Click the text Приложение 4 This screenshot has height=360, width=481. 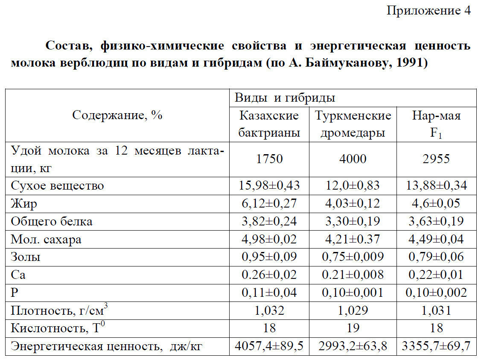[x=428, y=11]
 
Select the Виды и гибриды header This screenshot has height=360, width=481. [x=285, y=98]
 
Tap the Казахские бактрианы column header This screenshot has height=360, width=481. [x=269, y=124]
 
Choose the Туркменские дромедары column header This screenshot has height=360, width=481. [x=353, y=124]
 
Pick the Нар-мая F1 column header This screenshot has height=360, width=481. [x=436, y=124]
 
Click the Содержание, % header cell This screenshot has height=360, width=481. [x=117, y=115]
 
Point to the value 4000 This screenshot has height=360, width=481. [x=353, y=159]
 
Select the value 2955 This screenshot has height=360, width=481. [x=436, y=159]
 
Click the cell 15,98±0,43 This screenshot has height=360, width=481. [x=269, y=186]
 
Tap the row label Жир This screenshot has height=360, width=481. [x=24, y=204]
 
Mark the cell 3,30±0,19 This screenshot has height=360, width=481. [x=353, y=222]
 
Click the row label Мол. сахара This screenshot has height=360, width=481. [x=46, y=240]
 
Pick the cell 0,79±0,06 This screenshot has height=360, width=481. [x=436, y=257]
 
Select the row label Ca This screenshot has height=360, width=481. [x=18, y=275]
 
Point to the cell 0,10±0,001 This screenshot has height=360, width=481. [x=353, y=293]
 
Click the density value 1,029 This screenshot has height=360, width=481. [x=353, y=310]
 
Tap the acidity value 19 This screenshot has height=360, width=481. [x=353, y=328]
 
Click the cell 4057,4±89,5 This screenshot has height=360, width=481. [x=269, y=346]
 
